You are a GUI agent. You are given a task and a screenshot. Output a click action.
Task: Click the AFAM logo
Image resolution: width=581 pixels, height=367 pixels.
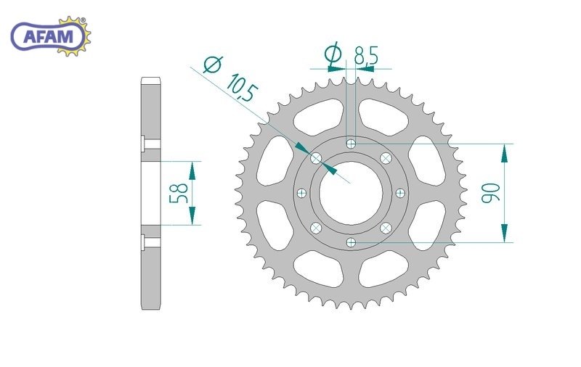pos(50,36)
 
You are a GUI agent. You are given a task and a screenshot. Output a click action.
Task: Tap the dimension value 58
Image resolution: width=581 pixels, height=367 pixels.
pos(179,193)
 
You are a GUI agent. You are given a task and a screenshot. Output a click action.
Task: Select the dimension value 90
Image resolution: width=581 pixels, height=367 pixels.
pos(490,192)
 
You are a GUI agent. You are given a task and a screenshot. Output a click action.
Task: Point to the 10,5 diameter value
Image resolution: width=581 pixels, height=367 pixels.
pos(241,87)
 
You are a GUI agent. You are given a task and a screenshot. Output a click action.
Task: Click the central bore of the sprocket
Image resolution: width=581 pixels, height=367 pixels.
pos(351,193)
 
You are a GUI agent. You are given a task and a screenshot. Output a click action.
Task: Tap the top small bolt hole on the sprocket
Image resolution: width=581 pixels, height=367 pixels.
pos(351,143)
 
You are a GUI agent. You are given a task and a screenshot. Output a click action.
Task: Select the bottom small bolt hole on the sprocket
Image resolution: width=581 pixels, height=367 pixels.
pos(351,243)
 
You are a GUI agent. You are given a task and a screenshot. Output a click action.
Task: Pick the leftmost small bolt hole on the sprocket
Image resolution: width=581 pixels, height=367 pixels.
pos(301,193)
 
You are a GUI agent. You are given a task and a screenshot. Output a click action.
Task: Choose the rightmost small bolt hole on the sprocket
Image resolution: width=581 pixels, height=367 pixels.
pos(400,193)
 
